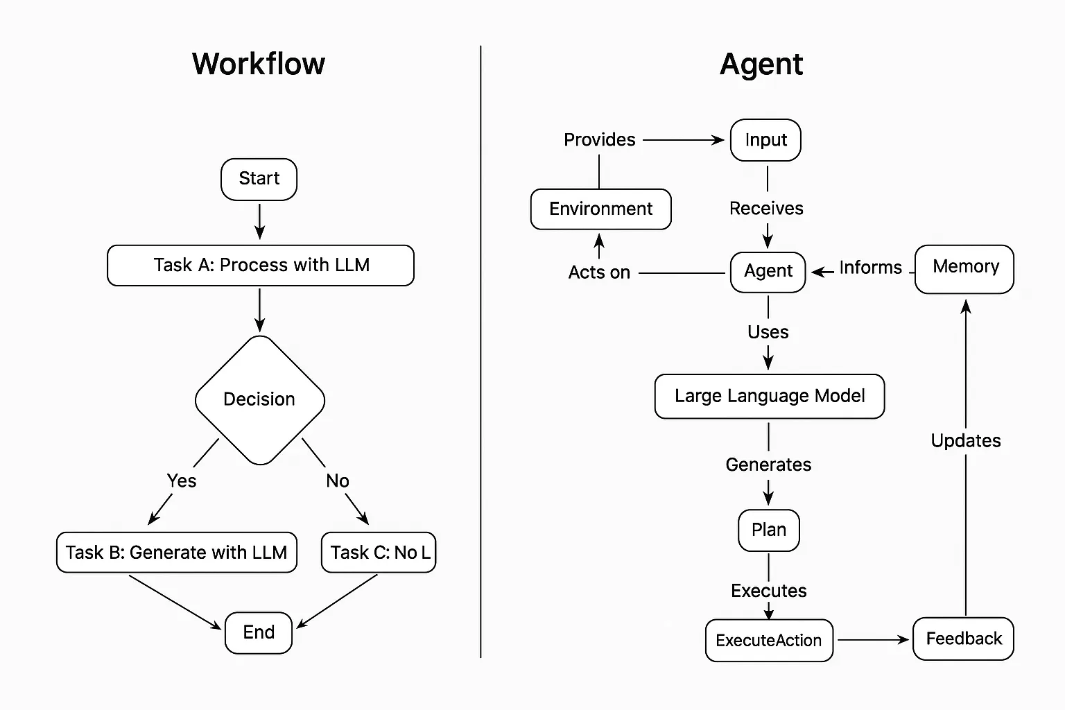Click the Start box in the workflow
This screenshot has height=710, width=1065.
[259, 179]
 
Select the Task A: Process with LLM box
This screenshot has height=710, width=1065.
[261, 265]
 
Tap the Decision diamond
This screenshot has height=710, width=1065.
[259, 399]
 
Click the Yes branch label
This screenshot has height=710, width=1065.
[182, 480]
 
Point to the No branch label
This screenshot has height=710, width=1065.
[338, 480]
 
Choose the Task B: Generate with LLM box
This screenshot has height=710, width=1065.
[176, 552]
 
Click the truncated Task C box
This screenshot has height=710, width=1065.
[379, 552]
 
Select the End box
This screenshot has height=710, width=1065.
[259, 632]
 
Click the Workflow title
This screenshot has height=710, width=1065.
[258, 64]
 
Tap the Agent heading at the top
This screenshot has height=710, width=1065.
[761, 64]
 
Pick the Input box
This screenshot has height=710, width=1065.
[765, 140]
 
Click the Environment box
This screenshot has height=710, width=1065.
[600, 209]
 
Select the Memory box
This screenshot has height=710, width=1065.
[964, 268]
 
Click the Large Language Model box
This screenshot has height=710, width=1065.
[769, 396]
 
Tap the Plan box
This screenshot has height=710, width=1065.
[769, 530]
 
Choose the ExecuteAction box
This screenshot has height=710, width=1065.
[769, 640]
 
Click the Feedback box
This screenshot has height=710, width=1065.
[963, 638]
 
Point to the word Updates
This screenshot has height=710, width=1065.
[965, 440]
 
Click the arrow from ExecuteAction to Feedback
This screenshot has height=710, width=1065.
[872, 639]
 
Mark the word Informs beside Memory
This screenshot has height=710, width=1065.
[870, 268]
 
